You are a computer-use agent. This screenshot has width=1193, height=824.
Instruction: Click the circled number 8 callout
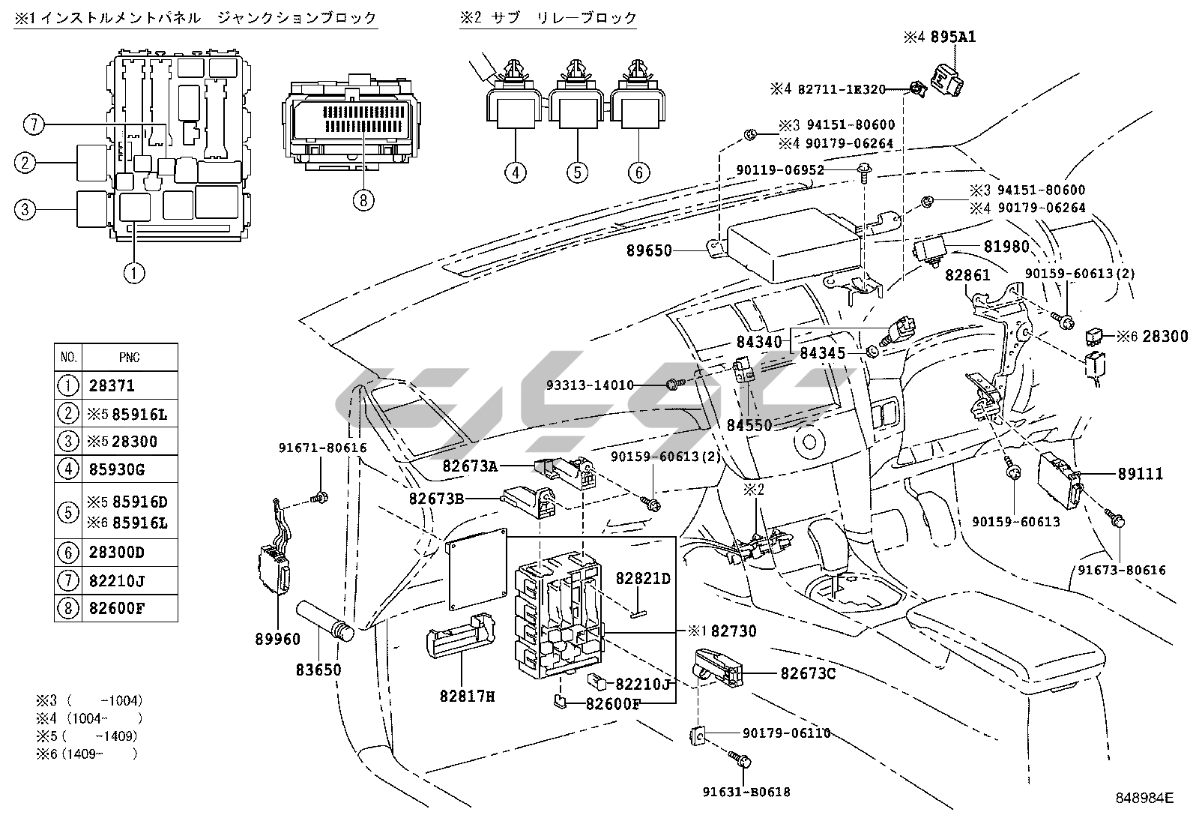(363, 200)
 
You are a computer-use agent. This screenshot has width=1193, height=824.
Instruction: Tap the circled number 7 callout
(33, 124)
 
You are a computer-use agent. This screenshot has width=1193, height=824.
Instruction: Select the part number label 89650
(649, 251)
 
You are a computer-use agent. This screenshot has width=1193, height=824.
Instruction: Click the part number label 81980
(1006, 246)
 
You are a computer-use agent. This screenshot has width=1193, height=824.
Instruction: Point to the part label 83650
(318, 669)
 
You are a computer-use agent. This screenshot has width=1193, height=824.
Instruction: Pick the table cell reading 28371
(112, 386)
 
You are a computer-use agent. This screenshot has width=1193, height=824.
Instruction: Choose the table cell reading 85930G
(116, 470)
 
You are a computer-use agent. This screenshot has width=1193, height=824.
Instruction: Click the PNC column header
(129, 358)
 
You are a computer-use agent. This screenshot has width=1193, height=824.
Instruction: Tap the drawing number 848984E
(1143, 798)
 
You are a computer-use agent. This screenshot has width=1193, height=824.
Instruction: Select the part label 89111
(1141, 474)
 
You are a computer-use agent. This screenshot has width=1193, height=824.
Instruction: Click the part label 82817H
(468, 697)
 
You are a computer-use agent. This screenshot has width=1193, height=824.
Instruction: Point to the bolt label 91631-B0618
(746, 792)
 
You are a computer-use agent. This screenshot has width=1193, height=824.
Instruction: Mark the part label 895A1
(953, 37)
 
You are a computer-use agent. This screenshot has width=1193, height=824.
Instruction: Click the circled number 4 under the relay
(516, 172)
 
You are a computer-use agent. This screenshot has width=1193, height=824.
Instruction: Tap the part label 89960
(277, 639)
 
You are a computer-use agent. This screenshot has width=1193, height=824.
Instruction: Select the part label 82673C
(808, 673)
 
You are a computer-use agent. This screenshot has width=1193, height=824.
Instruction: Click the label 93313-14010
(600, 385)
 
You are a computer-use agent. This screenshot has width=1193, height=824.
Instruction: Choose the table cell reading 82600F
(116, 607)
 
